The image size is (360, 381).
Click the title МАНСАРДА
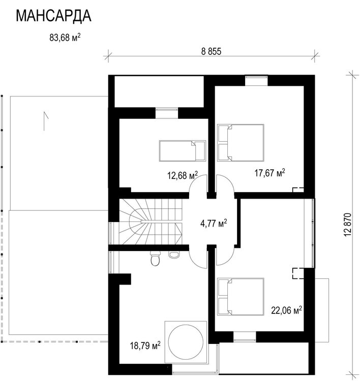[54, 16]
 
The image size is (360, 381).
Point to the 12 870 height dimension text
[348, 223]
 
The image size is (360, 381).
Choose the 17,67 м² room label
[269, 173]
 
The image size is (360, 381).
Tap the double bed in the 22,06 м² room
[241, 296]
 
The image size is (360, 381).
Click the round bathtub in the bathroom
[185, 341]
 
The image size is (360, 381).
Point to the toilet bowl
[156, 260]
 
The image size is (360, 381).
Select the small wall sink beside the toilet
[173, 254]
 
